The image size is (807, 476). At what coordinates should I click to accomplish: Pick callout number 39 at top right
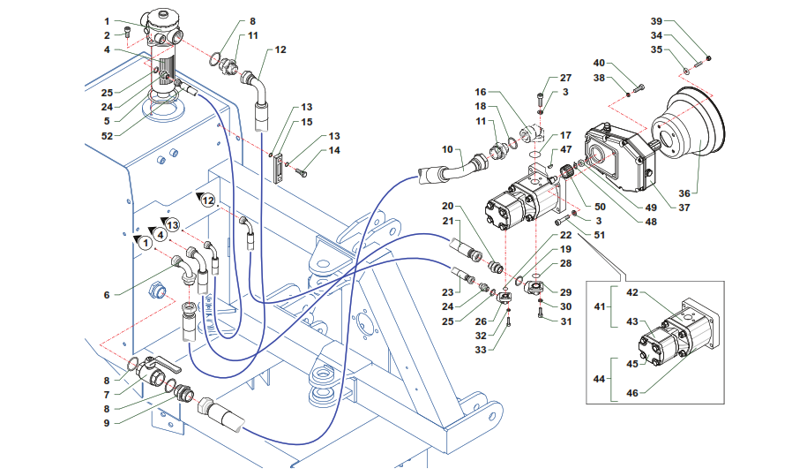click(x=655, y=21)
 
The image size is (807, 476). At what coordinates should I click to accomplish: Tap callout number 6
click(x=106, y=295)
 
